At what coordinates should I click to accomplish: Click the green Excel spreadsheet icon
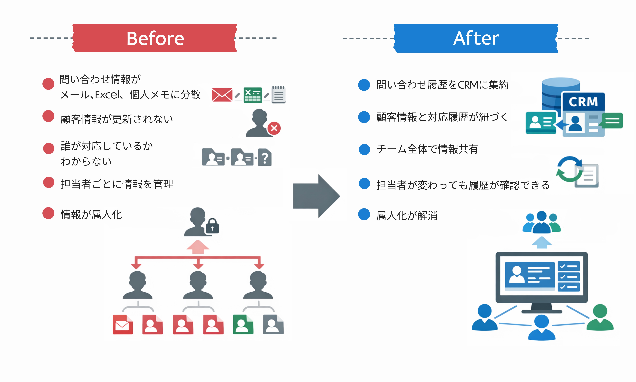coord(253,95)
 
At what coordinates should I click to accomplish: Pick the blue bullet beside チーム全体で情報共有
coord(364,149)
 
